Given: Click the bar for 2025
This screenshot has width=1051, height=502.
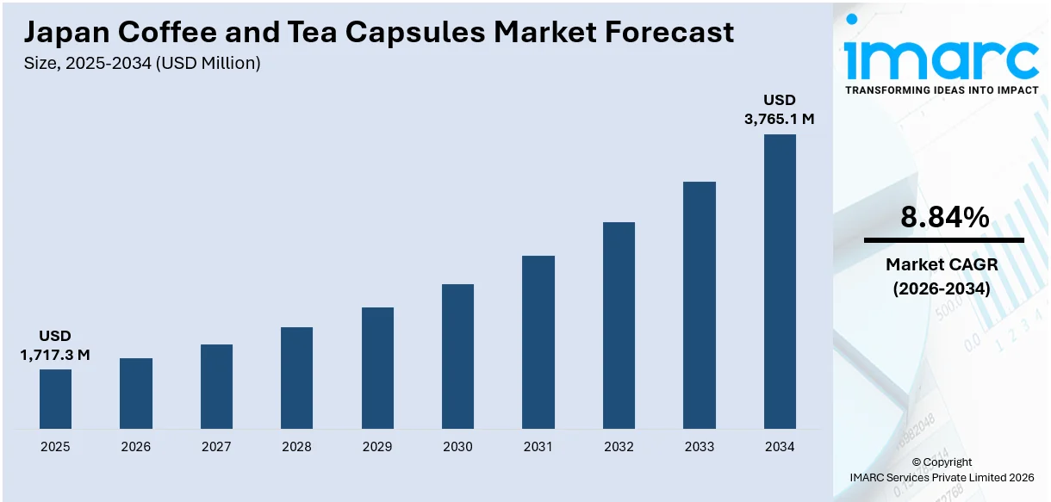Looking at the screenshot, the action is point(55,399).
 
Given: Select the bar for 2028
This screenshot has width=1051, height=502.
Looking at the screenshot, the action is point(296,378).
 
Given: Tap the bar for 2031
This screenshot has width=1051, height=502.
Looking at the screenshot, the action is point(538,342).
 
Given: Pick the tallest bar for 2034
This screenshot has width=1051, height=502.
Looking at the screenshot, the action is point(780,282).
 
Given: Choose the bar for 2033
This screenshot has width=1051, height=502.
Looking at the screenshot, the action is point(700,305).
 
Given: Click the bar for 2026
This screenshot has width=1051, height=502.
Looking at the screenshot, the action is point(136,394).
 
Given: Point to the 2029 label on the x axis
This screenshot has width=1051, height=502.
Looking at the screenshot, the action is point(377,447).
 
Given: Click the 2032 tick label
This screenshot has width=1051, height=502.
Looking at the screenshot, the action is point(619,447).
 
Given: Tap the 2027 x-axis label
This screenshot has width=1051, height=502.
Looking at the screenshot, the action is point(216,447).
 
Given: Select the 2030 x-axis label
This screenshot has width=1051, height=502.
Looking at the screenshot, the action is point(457,447).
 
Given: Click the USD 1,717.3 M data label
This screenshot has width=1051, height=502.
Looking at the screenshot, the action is point(55,345).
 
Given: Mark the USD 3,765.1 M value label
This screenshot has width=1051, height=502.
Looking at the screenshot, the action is point(780,109).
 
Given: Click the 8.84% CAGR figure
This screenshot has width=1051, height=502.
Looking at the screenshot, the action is point(944,218).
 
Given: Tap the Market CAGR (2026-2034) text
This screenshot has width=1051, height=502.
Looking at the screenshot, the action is point(942,277).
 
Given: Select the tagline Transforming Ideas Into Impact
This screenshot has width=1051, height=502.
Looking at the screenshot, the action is point(942,90).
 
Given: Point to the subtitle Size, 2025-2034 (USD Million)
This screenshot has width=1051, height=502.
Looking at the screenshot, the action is point(142,63).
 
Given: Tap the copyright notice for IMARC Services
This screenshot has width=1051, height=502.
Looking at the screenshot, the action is point(942,470).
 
